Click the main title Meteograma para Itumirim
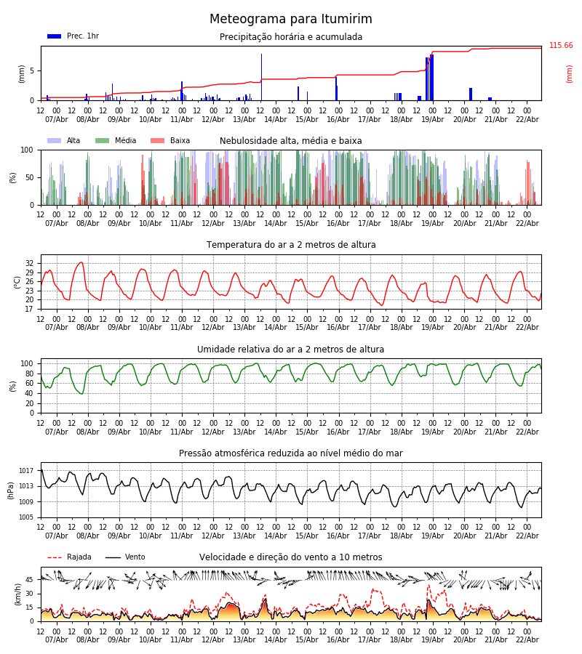coord(291,20)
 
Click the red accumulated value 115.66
coord(560,46)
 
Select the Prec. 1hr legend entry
coord(73,36)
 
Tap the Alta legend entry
coord(64,141)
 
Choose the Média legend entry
coord(116,141)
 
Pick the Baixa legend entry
coord(170,141)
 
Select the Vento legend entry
coord(125,557)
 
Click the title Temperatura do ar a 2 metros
coord(291,245)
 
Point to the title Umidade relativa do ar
coord(291,350)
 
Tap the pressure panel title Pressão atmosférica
coord(291,453)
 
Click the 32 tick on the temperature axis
coord(30,264)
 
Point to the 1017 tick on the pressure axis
coord(27,471)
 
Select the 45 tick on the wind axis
coord(30,580)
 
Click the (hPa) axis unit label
coord(12,490)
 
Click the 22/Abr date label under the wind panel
coord(527,639)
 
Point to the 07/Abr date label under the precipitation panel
coord(57,119)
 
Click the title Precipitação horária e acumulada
coord(291,37)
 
